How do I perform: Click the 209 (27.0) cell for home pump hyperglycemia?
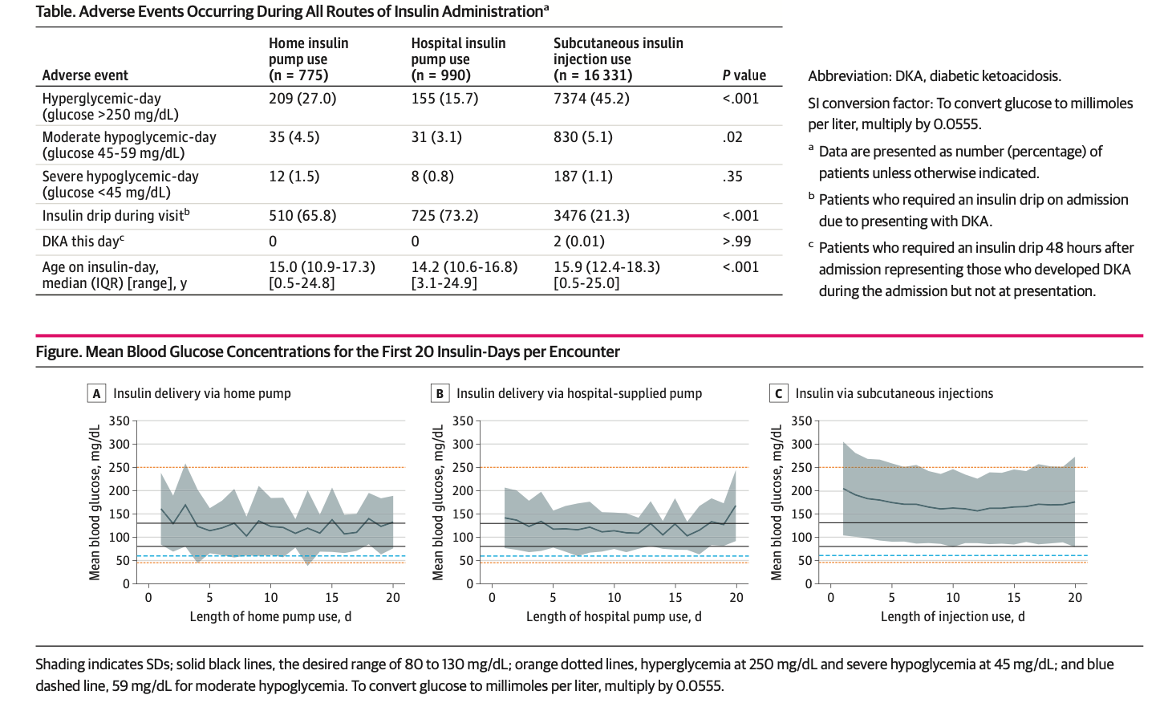(x=302, y=99)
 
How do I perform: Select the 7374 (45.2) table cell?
(x=591, y=99)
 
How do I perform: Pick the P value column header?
(x=744, y=75)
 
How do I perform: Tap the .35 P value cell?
(x=732, y=177)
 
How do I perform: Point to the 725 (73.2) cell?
(x=444, y=216)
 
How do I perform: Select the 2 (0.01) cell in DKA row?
(x=579, y=242)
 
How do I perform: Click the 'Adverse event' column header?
(x=85, y=75)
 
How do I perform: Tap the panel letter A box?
(x=96, y=393)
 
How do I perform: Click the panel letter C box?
(x=778, y=393)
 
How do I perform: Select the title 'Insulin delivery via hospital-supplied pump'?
(x=579, y=393)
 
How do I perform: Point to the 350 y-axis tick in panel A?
(x=119, y=421)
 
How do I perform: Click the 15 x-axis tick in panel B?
(x=675, y=598)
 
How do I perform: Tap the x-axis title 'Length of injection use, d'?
(x=952, y=616)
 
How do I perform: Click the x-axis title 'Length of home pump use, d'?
(x=270, y=616)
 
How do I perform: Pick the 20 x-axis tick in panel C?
(x=1075, y=598)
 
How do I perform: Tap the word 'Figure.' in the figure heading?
(x=59, y=351)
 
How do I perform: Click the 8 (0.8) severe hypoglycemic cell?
(x=432, y=177)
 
